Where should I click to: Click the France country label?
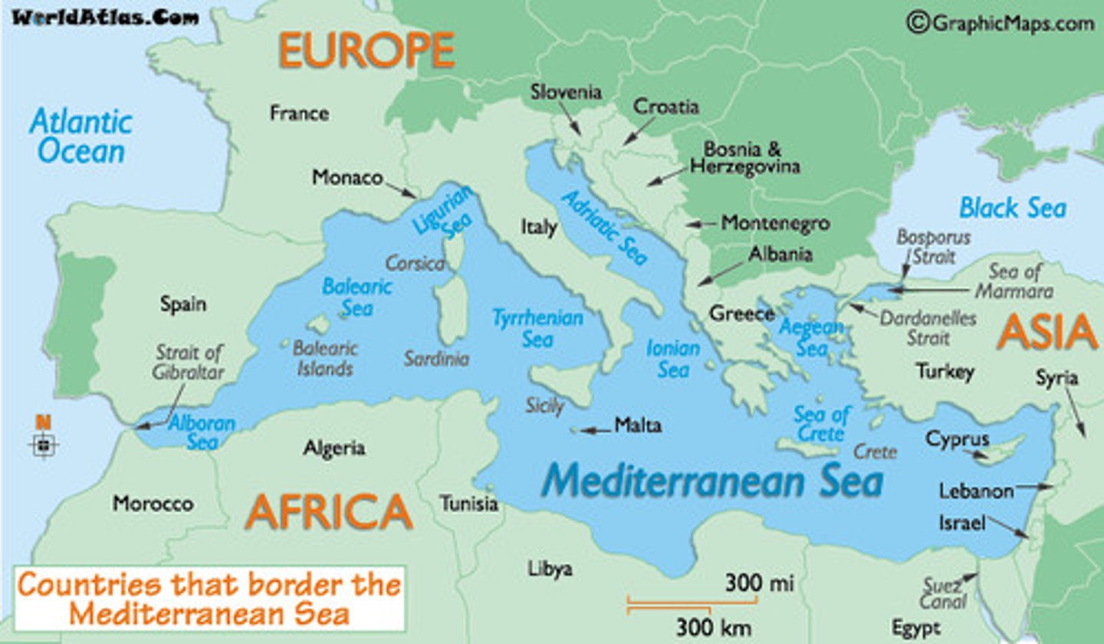pyautogui.click(x=299, y=113)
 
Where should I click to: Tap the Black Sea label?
pyautogui.click(x=1012, y=207)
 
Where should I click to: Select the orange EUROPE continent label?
pyautogui.click(x=366, y=50)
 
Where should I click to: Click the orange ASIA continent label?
pyautogui.click(x=1047, y=333)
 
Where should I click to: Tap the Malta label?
pyautogui.click(x=637, y=426)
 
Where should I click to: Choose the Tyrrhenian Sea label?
pyautogui.click(x=537, y=328)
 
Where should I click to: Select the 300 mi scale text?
pyautogui.click(x=758, y=583)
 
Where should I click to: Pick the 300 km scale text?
pyautogui.click(x=713, y=627)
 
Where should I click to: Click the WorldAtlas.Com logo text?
pyautogui.click(x=105, y=18)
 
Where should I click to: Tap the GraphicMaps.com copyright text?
pyautogui.click(x=1001, y=23)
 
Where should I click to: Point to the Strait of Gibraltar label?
pyautogui.click(x=189, y=362)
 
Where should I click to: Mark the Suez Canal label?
pyautogui.click(x=942, y=594)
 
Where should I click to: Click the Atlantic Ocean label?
pyautogui.click(x=80, y=136)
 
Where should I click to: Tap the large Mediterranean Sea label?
pyautogui.click(x=712, y=481)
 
